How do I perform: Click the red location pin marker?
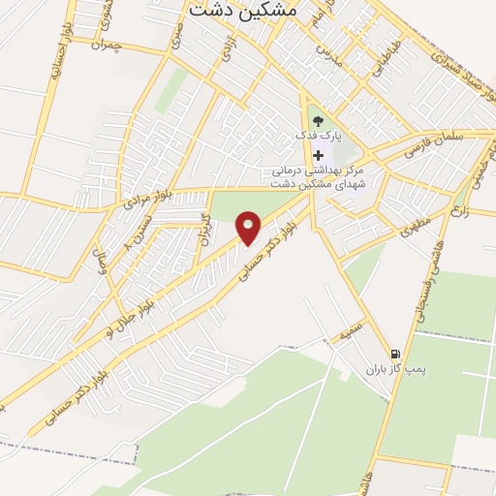(250, 228)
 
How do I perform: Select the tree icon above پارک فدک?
(319, 121)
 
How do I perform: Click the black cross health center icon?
(318, 155)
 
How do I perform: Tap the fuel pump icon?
(394, 355)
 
